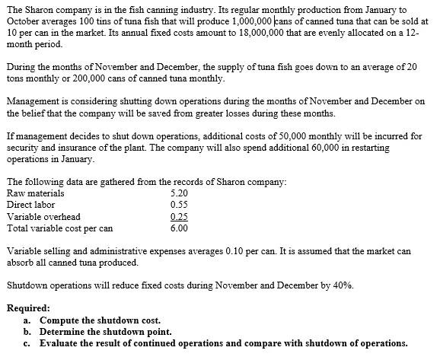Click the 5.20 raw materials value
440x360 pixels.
179,194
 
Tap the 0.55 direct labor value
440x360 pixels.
179,205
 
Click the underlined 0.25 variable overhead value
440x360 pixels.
179,217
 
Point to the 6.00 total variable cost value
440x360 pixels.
179,228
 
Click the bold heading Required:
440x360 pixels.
28,309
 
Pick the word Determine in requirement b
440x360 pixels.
62,332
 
